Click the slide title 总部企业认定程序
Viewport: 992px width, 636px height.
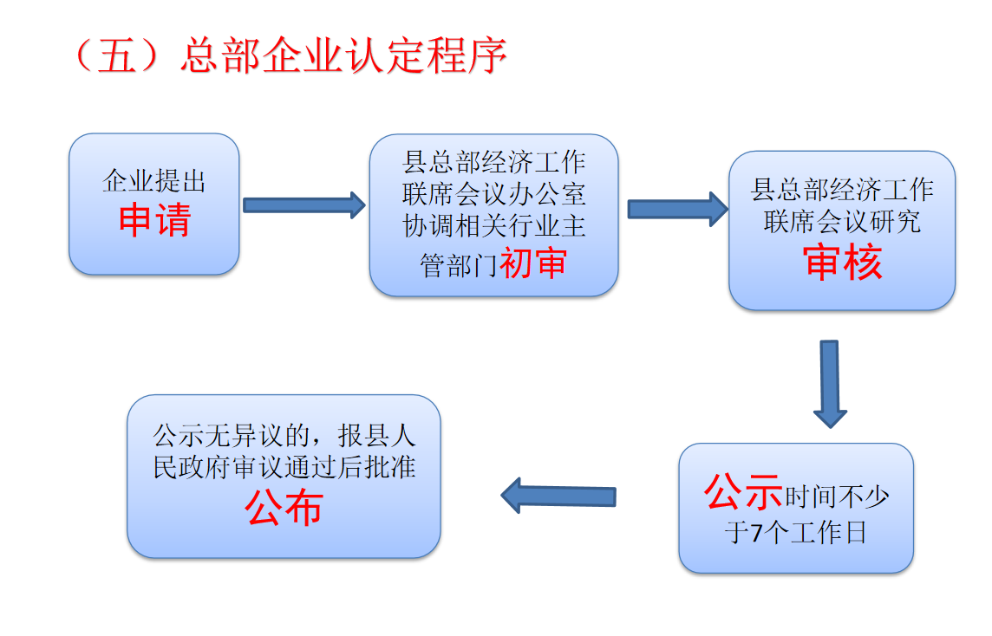(343, 55)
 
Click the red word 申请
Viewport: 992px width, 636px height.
(155, 220)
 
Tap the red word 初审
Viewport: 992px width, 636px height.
(532, 263)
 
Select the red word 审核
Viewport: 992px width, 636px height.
(842, 262)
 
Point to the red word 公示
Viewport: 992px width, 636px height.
(743, 491)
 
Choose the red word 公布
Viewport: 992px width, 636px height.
(284, 508)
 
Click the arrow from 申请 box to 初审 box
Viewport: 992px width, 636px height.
(304, 204)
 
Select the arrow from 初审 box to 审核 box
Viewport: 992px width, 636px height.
(677, 209)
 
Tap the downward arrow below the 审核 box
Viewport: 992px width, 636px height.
(829, 384)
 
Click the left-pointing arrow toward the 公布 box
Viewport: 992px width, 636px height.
(558, 496)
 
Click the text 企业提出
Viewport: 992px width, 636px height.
(154, 181)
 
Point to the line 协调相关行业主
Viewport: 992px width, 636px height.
(494, 225)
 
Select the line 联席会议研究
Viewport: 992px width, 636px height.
(842, 221)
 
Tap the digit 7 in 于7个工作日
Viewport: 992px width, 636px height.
(757, 533)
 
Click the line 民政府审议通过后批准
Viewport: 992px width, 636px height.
(284, 467)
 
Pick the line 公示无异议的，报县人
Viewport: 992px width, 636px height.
(284, 436)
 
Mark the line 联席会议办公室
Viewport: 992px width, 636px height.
(494, 194)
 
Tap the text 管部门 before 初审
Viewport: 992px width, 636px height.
(459, 265)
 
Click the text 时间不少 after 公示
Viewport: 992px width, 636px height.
(837, 496)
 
